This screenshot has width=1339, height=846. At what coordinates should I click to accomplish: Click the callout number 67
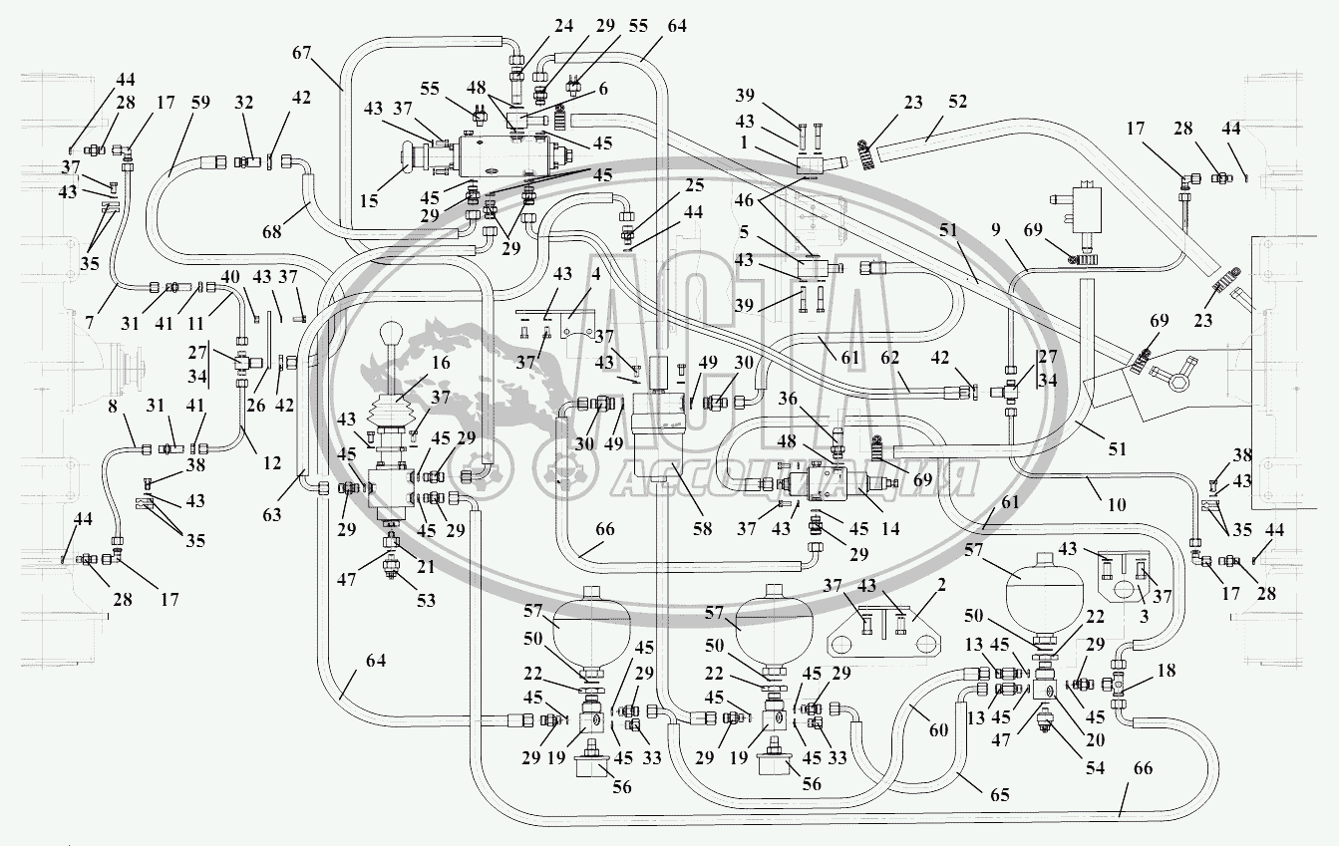click(304, 53)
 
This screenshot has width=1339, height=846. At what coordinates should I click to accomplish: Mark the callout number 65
click(1000, 794)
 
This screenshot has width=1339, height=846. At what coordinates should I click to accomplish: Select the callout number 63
click(272, 513)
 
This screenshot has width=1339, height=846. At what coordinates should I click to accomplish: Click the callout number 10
click(1116, 505)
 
